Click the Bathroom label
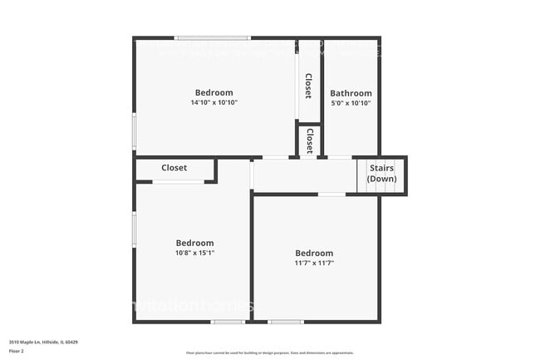[x=351, y=93]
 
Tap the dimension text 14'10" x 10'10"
[x=214, y=102]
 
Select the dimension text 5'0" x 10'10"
[x=351, y=103]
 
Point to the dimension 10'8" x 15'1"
[x=194, y=253]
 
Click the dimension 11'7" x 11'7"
[x=314, y=263]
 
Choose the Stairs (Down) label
[x=381, y=173]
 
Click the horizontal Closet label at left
[x=174, y=168]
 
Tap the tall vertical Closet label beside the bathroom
[x=308, y=86]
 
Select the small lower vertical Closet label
[x=309, y=140]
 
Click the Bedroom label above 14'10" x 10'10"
[x=214, y=92]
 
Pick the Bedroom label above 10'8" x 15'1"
[x=194, y=243]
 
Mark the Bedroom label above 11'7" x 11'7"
[x=314, y=253]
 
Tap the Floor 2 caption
[x=17, y=351]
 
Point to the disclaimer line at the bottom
[x=270, y=353]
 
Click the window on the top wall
[x=213, y=37]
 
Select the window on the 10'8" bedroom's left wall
[x=134, y=229]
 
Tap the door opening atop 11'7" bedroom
[x=332, y=195]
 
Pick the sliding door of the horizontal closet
[x=178, y=182]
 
